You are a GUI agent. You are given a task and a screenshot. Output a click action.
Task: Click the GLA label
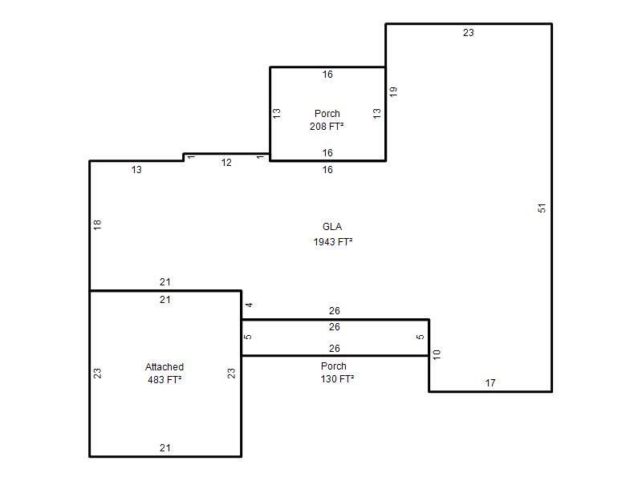click(x=332, y=227)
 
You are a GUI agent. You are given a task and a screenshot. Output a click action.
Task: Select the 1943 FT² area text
click(x=333, y=242)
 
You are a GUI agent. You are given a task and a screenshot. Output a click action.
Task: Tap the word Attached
click(x=165, y=367)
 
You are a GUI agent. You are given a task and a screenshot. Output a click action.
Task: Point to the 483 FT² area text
click(x=165, y=379)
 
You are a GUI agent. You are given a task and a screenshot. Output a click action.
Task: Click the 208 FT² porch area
click(x=327, y=127)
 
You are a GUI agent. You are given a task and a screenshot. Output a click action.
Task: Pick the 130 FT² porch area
click(x=337, y=378)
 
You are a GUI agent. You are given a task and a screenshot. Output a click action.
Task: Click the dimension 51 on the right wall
click(x=542, y=208)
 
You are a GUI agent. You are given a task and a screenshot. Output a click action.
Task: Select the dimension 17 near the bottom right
click(x=490, y=383)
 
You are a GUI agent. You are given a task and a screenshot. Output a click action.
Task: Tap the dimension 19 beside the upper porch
click(x=393, y=91)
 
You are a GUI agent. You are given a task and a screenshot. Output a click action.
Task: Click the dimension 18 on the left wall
click(x=97, y=224)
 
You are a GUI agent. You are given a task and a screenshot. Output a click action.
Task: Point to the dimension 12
click(x=226, y=163)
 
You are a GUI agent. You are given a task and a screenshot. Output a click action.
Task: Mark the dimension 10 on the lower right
click(x=437, y=354)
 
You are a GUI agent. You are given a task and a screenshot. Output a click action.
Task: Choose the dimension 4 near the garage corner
click(x=249, y=305)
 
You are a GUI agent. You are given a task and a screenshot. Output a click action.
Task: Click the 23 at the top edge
click(x=469, y=33)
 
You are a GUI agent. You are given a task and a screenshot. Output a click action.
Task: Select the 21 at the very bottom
click(x=165, y=448)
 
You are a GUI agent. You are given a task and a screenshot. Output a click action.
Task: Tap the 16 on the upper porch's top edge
click(x=327, y=75)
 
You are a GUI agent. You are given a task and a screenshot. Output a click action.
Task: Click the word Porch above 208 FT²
click(x=327, y=113)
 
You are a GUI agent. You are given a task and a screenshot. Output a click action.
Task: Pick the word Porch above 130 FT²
click(x=334, y=366)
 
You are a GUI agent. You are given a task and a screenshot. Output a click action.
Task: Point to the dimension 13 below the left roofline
click(x=136, y=169)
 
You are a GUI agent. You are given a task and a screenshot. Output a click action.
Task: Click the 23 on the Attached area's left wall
click(x=97, y=374)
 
